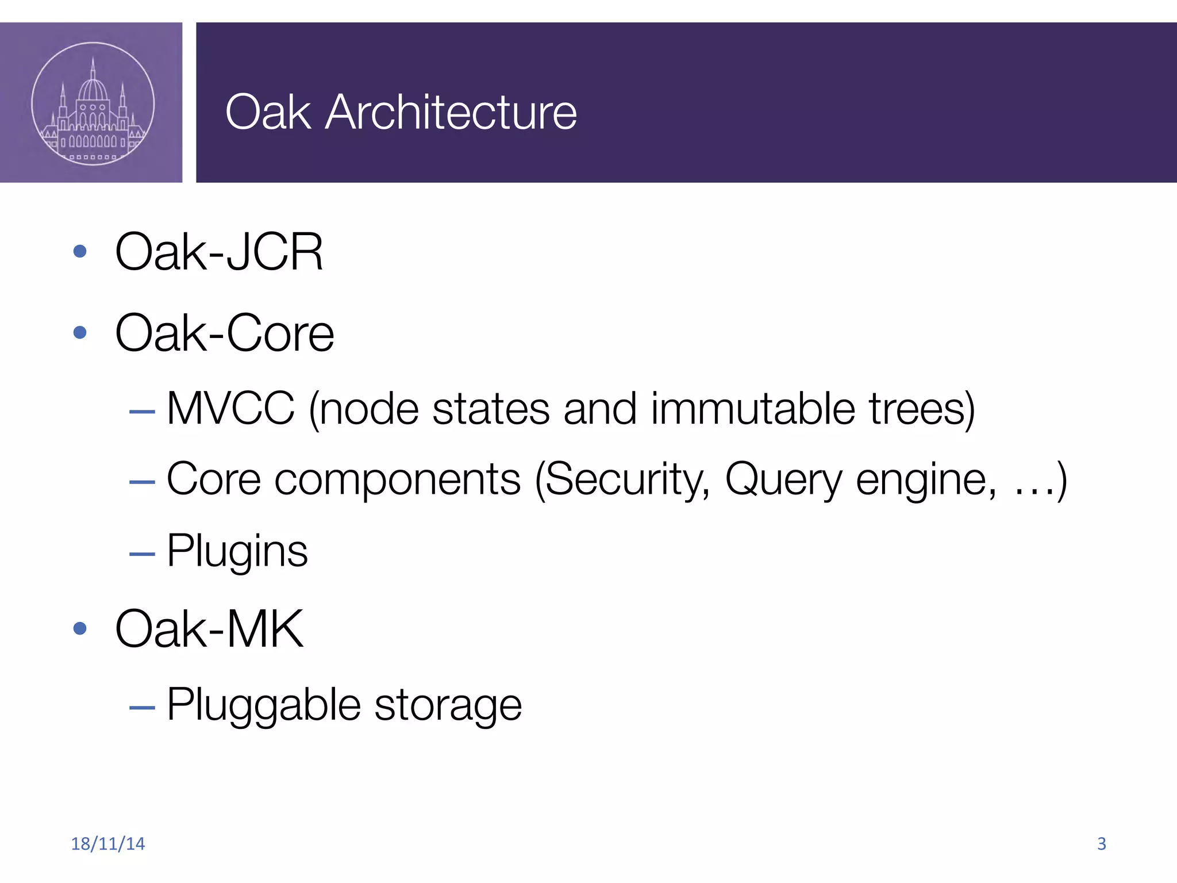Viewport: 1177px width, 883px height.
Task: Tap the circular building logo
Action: pyautogui.click(x=93, y=103)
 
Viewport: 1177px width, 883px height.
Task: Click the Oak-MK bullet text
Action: pyautogui.click(x=209, y=629)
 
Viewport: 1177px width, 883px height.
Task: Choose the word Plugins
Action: pyautogui.click(x=237, y=551)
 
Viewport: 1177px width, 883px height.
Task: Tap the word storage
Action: pyautogui.click(x=448, y=706)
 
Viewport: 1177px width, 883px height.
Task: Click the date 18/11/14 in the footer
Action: pyautogui.click(x=107, y=843)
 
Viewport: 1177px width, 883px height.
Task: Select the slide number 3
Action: pyautogui.click(x=1101, y=843)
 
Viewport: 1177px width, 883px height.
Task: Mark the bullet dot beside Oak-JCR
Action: pyautogui.click(x=80, y=251)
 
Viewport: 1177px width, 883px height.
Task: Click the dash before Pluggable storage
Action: pyautogui.click(x=142, y=707)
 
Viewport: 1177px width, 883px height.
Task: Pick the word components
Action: pyautogui.click(x=397, y=479)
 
